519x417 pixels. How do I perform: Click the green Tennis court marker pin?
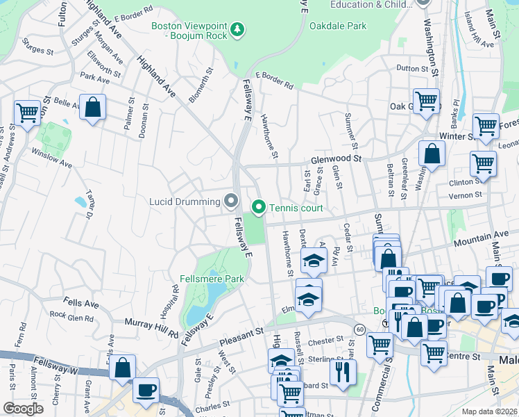coord(259,207)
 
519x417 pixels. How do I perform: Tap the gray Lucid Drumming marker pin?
coord(231,202)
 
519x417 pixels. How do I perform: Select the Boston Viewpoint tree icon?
coord(238,29)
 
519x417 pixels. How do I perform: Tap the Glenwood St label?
coord(337,159)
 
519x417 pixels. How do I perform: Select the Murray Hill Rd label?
coord(152,325)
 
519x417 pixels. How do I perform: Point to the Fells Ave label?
coord(80,304)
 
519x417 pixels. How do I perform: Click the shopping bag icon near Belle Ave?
coord(92,108)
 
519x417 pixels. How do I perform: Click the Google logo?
coord(23,409)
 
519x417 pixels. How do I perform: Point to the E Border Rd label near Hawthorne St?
coord(274,81)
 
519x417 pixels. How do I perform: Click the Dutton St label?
coord(412,68)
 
